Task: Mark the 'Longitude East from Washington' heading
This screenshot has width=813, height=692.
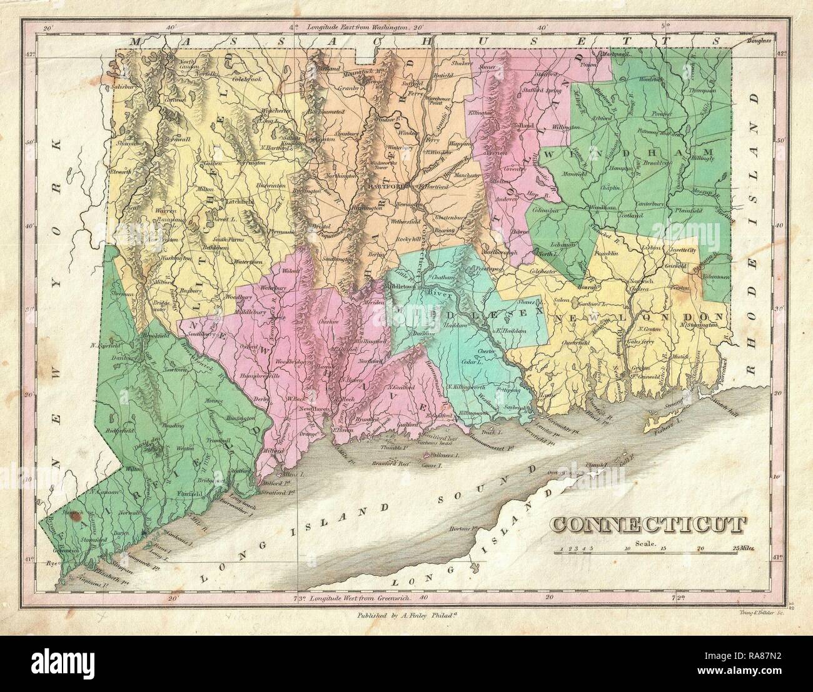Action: click(357, 28)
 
